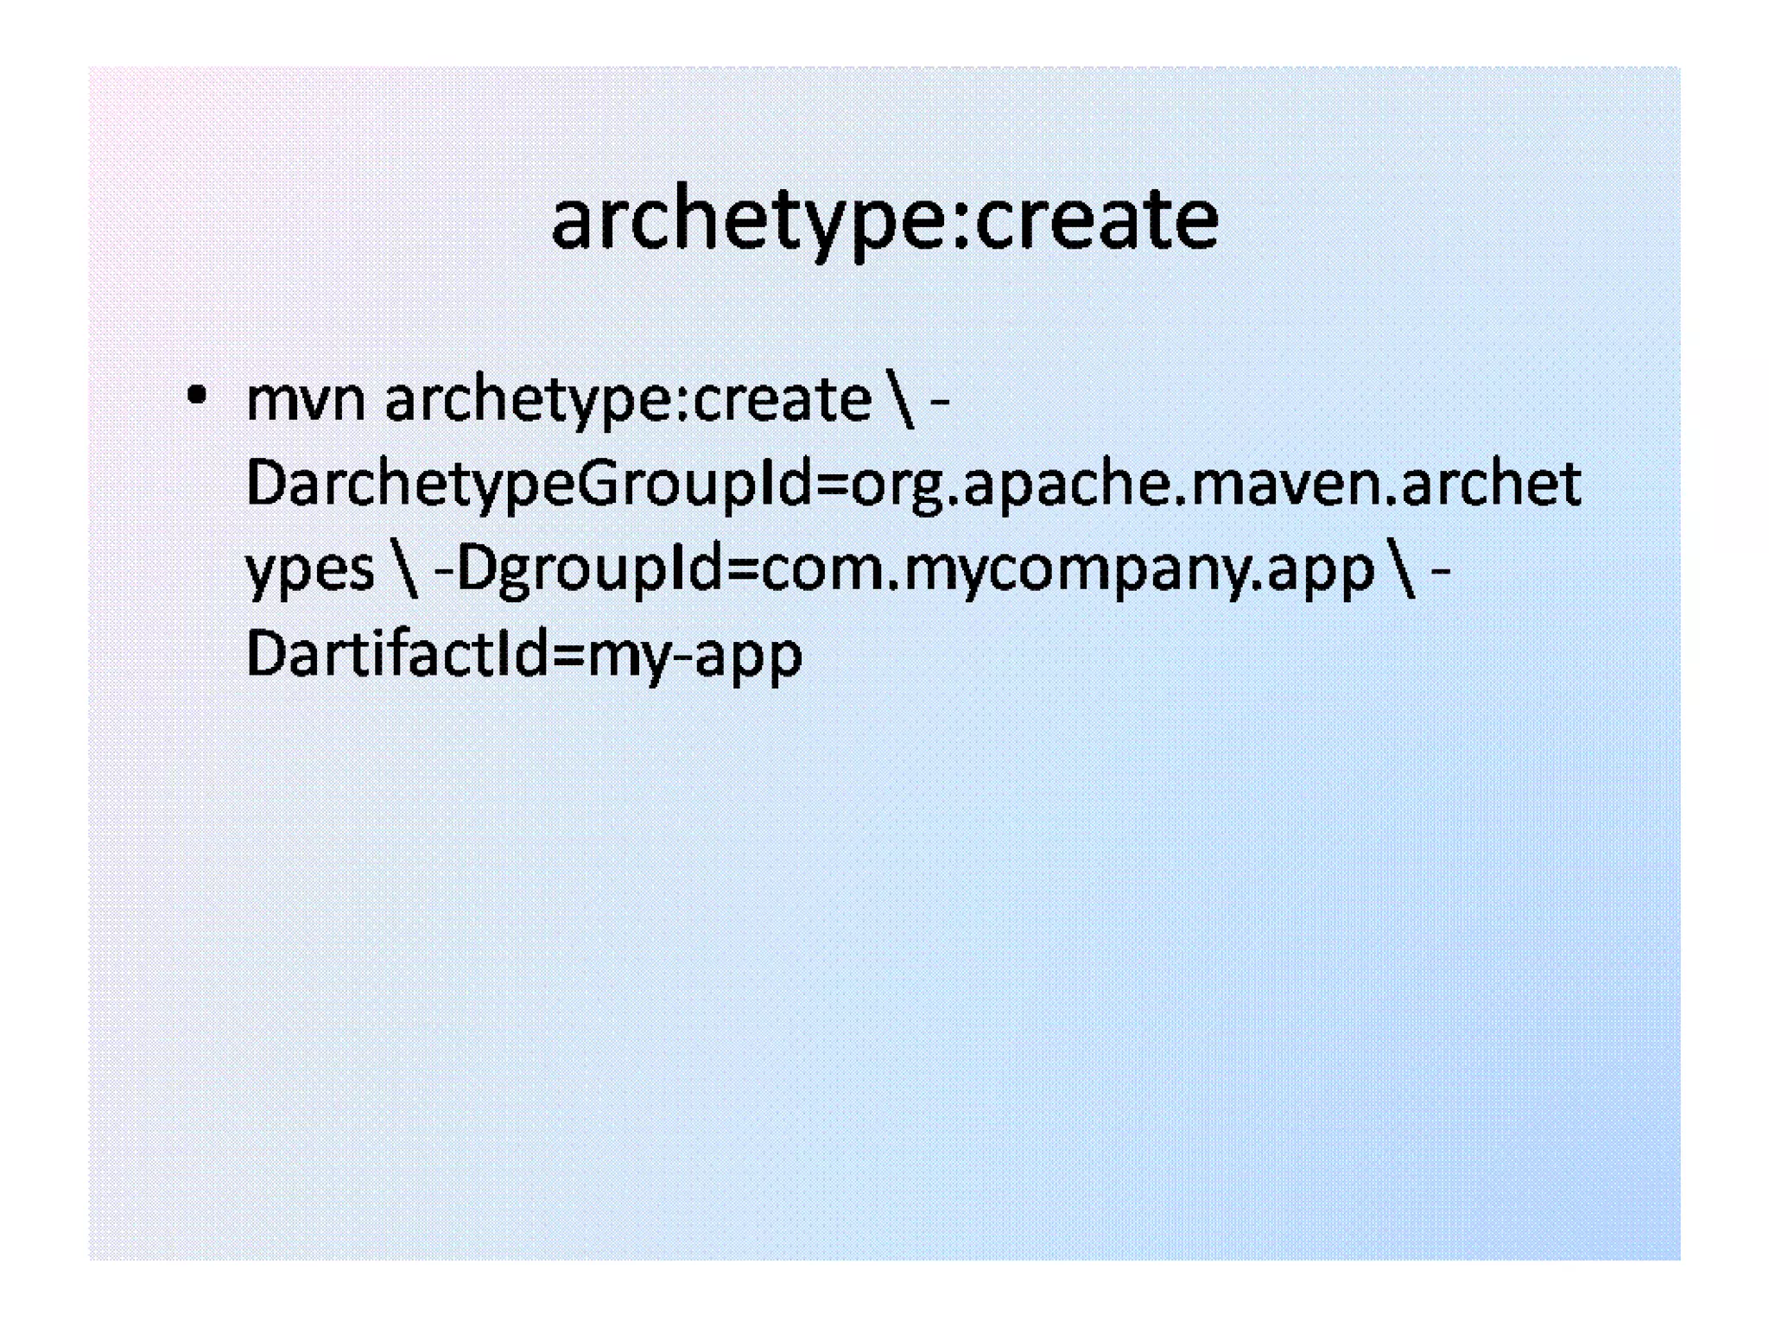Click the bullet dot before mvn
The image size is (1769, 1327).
pos(197,397)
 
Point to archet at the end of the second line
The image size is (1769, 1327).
pos(1492,484)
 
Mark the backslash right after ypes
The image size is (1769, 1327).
pos(404,570)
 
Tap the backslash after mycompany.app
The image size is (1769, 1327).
pos(1404,570)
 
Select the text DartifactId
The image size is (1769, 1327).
pos(396,654)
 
